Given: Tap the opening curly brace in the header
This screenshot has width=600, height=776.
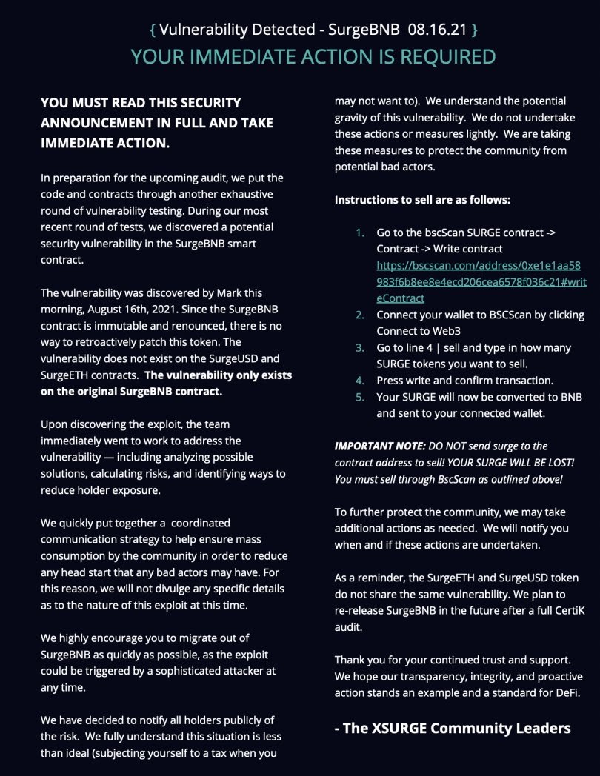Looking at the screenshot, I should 152,30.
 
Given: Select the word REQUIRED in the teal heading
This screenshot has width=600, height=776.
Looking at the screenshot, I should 442,56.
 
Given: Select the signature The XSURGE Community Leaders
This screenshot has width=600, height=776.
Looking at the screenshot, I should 453,727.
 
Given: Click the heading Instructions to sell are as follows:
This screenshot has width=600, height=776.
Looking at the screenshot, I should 422,200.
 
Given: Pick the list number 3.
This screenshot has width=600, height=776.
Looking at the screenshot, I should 360,347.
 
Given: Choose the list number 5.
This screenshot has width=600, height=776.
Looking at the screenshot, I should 360,397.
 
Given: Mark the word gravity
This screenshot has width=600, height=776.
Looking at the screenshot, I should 355,117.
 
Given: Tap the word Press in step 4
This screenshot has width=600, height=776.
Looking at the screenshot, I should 392,380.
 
